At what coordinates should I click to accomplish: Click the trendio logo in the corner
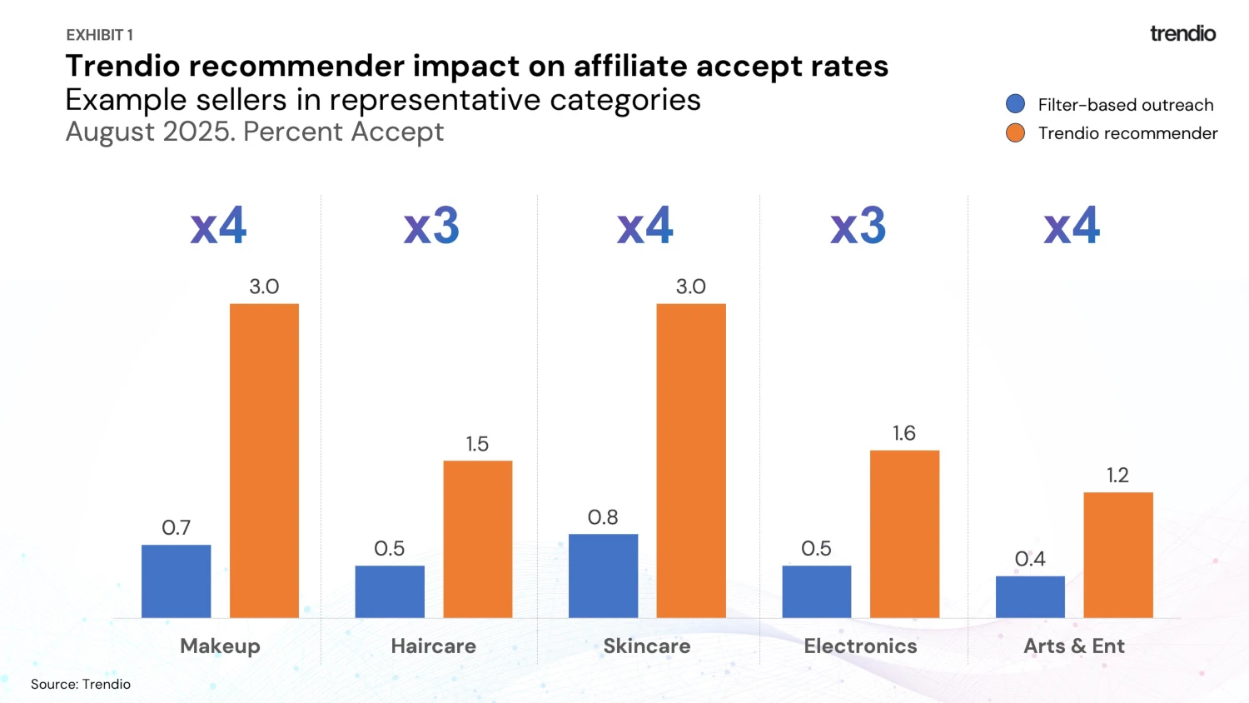pos(1182,33)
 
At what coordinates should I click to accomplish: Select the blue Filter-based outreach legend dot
pos(1015,104)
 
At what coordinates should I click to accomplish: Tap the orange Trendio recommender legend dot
pos(1015,133)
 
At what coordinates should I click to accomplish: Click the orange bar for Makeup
pos(264,461)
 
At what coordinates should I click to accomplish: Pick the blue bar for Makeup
pos(176,581)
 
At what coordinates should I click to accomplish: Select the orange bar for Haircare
pos(477,539)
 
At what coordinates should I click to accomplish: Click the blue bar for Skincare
pos(603,576)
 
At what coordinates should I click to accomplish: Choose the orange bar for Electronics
pos(904,534)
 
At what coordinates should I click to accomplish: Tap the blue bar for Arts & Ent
pos(1030,596)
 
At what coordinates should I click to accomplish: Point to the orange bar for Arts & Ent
pos(1117,555)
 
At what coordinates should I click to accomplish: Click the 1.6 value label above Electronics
pos(903,433)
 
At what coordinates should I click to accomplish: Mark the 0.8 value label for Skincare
pos(603,517)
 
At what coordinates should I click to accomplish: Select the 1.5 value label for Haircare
pos(477,444)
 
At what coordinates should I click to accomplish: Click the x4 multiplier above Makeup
pos(218,226)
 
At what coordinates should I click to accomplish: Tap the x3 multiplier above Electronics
pos(858,226)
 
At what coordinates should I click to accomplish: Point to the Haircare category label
pos(433,646)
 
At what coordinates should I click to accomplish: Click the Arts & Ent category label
pos(1073,646)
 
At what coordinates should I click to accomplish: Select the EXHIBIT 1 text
pos(99,35)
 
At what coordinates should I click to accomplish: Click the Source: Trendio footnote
pos(81,684)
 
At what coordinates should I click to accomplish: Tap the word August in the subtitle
pos(110,132)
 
